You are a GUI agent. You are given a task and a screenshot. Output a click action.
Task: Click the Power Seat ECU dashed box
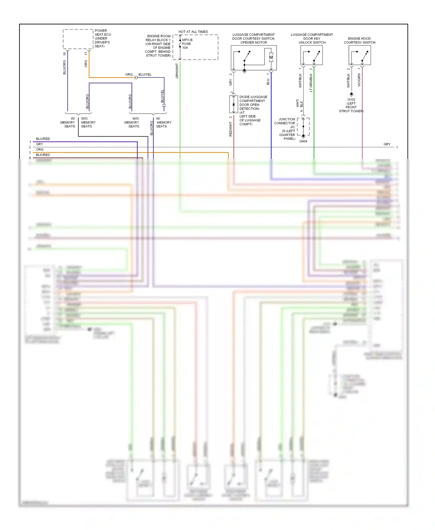tap(78, 39)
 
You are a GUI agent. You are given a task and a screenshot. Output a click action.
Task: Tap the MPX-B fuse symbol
tap(180, 43)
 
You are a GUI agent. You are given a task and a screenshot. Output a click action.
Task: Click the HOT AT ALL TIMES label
tap(193, 32)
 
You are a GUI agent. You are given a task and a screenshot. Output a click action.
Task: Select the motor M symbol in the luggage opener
tap(271, 57)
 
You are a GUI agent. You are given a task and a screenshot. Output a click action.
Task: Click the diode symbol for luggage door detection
tap(234, 104)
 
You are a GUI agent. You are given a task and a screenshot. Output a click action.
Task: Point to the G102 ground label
tap(351, 99)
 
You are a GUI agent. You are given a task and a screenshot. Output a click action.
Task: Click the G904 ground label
tap(303, 141)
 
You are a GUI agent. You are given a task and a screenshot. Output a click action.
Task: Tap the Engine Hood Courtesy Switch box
tap(360, 55)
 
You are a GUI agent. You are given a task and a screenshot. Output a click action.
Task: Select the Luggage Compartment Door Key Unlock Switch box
tap(311, 55)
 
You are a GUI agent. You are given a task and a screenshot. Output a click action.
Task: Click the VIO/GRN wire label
tap(359, 80)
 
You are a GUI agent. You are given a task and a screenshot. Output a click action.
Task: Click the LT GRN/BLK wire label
tap(311, 83)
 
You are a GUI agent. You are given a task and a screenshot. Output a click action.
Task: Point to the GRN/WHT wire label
tap(177, 71)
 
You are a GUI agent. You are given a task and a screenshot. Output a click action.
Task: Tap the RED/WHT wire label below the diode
tap(231, 129)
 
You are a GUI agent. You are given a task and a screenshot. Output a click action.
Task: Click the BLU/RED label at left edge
tap(43, 139)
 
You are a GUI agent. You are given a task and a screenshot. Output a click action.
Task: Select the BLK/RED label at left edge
tap(43, 155)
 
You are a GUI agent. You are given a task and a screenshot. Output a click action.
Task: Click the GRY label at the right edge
tap(387, 144)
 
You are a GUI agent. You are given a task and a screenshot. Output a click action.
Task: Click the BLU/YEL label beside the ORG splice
tap(145, 75)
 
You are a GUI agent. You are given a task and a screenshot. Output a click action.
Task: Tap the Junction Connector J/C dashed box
tap(303, 126)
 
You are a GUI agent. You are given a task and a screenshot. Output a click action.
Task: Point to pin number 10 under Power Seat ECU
tap(64, 54)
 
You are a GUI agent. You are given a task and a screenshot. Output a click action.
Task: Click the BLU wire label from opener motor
tap(268, 82)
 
